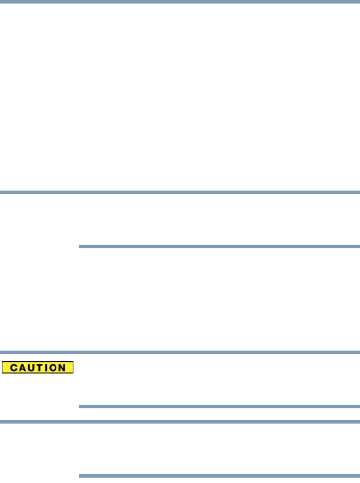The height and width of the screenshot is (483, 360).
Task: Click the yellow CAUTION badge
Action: click(x=37, y=368)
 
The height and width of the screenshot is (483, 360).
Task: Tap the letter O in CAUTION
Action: click(x=53, y=368)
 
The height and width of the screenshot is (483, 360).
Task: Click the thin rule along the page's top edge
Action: click(x=180, y=1)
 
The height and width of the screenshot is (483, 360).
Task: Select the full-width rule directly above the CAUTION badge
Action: click(x=180, y=353)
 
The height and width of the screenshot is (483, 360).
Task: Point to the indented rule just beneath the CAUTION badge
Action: click(x=219, y=406)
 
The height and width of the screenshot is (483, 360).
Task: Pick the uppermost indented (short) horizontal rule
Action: click(x=219, y=247)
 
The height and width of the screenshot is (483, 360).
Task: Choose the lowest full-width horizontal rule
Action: click(x=180, y=421)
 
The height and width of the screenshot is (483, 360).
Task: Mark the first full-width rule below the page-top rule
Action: click(x=180, y=192)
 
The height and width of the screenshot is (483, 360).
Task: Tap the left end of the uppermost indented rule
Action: click(x=81, y=247)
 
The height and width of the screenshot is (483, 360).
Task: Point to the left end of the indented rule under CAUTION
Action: click(x=81, y=406)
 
